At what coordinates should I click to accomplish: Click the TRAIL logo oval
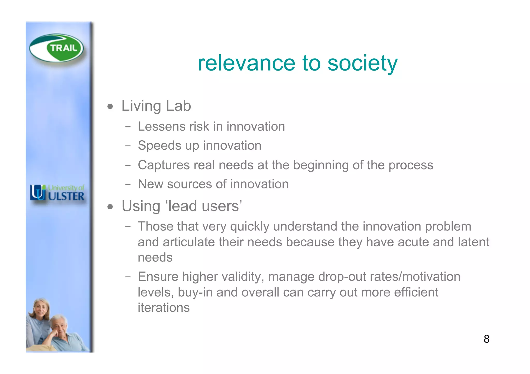click(56, 48)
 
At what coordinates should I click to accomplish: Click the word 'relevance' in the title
click(246, 63)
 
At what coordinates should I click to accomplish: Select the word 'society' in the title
click(362, 63)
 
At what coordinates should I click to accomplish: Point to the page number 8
click(486, 339)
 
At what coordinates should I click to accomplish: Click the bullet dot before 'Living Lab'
click(111, 106)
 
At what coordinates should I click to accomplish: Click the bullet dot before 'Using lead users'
click(111, 207)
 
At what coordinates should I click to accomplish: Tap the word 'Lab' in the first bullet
click(178, 106)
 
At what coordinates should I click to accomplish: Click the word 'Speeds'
click(159, 146)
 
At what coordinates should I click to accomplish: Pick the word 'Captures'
click(163, 165)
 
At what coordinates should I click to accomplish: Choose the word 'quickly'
click(249, 227)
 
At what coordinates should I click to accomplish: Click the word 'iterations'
click(164, 308)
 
